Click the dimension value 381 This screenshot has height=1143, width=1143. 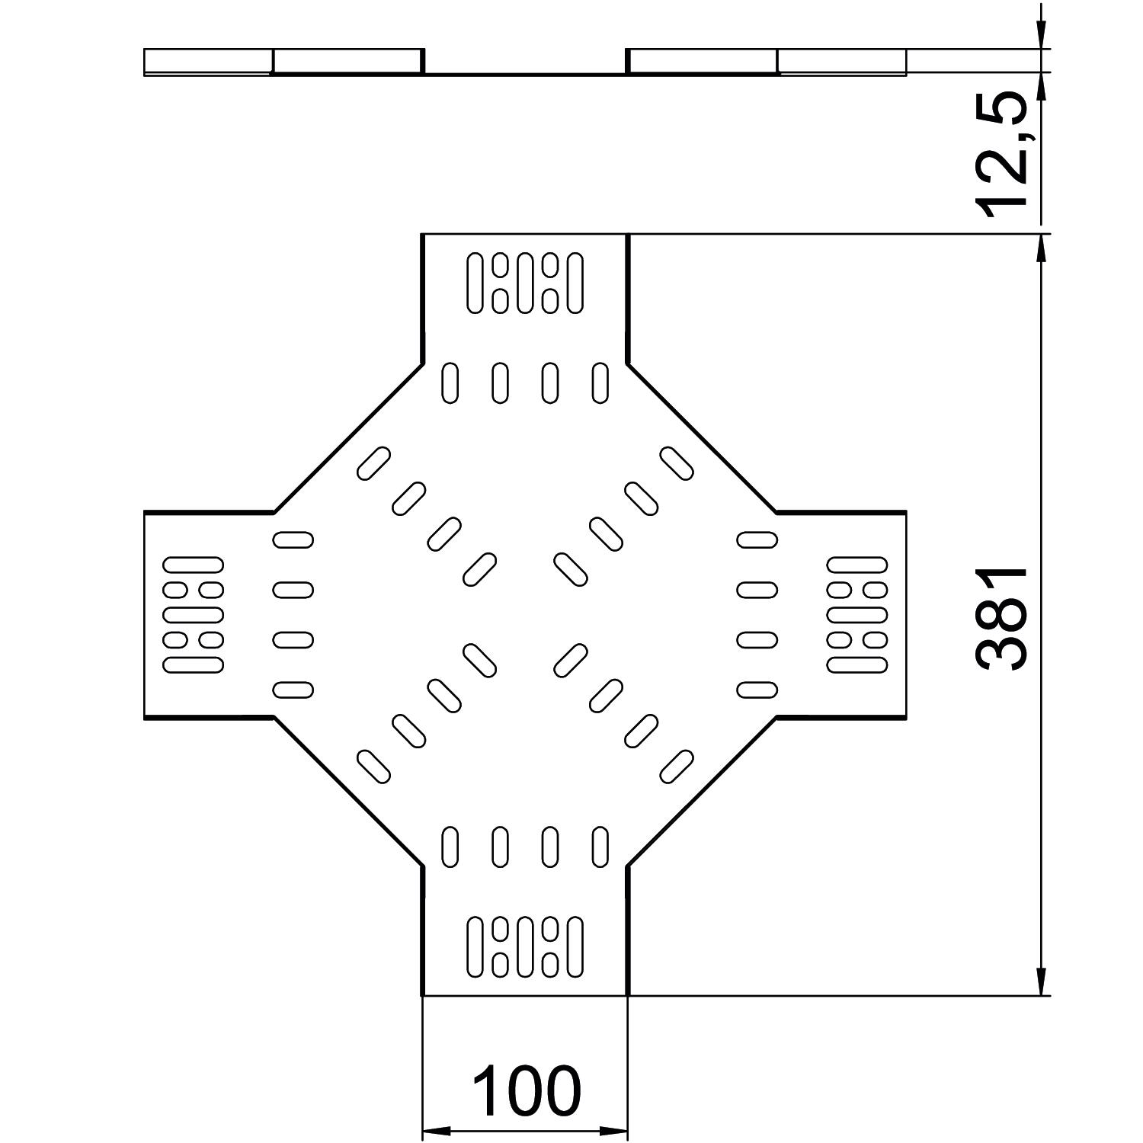pyautogui.click(x=1004, y=618)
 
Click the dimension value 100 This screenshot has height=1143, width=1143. pyautogui.click(x=526, y=1090)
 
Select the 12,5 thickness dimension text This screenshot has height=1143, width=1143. pyautogui.click(x=1004, y=153)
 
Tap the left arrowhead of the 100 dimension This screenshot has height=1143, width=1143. pyautogui.click(x=433, y=1131)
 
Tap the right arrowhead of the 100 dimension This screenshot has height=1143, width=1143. pyautogui.click(x=616, y=1131)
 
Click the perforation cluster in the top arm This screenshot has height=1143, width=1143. pyautogui.click(x=525, y=283)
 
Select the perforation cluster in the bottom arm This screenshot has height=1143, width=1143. pyautogui.click(x=525, y=946)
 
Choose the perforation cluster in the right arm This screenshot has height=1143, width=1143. pyautogui.click(x=858, y=614)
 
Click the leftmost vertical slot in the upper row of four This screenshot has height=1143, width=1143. pyautogui.click(x=450, y=383)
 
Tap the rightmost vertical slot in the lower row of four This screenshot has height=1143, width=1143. pyautogui.click(x=600, y=846)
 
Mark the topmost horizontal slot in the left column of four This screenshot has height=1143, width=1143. pyautogui.click(x=293, y=539)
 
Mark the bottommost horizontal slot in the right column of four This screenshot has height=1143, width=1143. pyautogui.click(x=757, y=690)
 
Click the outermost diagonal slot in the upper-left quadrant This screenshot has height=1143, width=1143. pyautogui.click(x=373, y=463)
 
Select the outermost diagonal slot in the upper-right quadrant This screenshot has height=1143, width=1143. pyautogui.click(x=677, y=463)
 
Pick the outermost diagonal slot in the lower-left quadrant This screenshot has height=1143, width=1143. pyautogui.click(x=373, y=767)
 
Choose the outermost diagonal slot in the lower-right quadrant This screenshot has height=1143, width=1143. pyautogui.click(x=677, y=767)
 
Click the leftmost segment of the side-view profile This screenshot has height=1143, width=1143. pyautogui.click(x=207, y=62)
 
